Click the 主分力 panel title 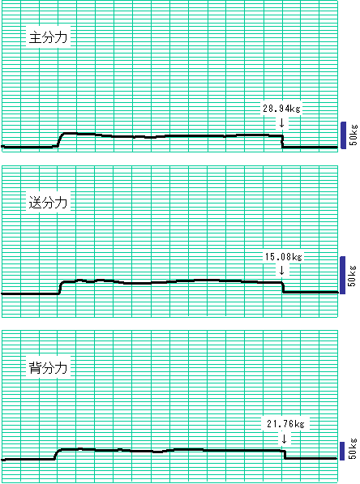click(48, 37)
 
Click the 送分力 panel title click(48, 203)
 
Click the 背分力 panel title click(48, 367)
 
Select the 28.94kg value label click(281, 109)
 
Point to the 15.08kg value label click(284, 256)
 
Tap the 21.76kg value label click(285, 424)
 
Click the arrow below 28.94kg click(281, 122)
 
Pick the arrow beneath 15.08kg click(281, 271)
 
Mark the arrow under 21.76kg click(284, 439)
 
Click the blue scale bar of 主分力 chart click(343, 135)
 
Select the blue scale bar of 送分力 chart click(343, 275)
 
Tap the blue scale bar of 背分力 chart click(342, 451)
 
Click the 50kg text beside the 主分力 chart click(354, 135)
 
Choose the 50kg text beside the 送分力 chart click(352, 276)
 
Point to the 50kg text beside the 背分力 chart click(353, 448)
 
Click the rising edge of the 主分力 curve click(61, 139)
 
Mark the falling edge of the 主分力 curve click(282, 141)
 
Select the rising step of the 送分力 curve click(60, 288)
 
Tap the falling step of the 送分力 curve click(283, 287)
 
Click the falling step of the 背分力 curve click(285, 454)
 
